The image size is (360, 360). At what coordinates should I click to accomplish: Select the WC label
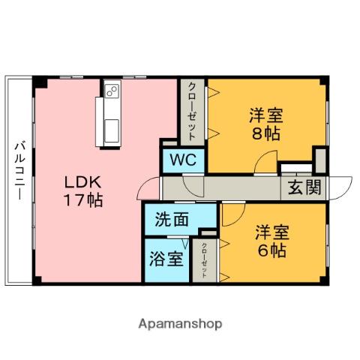point(182,160)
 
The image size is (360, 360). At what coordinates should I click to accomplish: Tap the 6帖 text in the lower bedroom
point(268,250)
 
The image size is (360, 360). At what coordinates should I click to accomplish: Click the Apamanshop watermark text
point(180,324)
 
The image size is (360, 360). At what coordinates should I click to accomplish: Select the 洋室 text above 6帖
point(268,230)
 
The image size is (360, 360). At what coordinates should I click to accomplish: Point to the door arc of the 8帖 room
point(264,163)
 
